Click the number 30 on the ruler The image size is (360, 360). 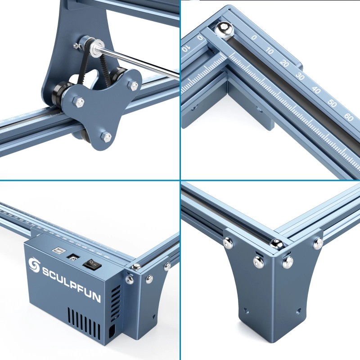(x=301, y=77)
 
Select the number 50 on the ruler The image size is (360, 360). (x=332, y=103)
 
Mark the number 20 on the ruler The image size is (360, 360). (x=284, y=63)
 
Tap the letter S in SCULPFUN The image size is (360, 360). (x=47, y=272)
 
